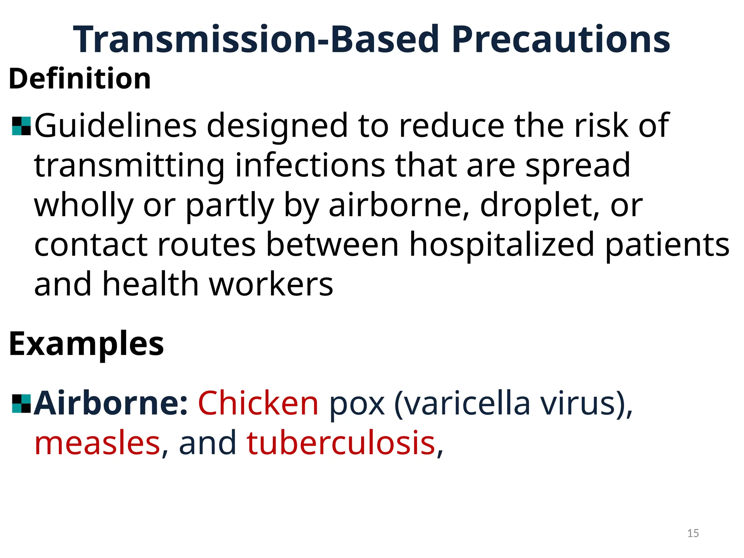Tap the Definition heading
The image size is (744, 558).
coord(80,79)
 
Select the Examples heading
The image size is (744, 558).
coord(86,344)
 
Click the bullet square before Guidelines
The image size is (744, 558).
coord(21,126)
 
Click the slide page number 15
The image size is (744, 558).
coord(693,533)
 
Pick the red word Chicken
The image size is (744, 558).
coord(258,403)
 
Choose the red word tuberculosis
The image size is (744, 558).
coord(341,443)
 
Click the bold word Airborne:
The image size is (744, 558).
coord(111,403)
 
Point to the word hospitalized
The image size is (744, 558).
coord(502,244)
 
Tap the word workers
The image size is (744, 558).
coord(271,284)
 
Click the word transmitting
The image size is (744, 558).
coord(129,166)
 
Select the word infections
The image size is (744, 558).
coord(310,166)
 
